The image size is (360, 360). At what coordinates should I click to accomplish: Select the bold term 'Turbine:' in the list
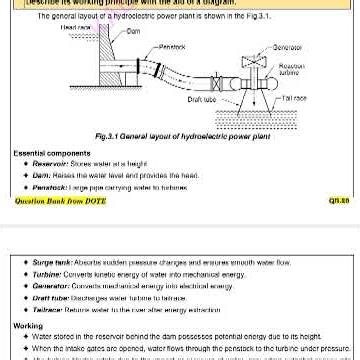point(47,271)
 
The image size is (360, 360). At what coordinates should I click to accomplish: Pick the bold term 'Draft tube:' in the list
point(51,294)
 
